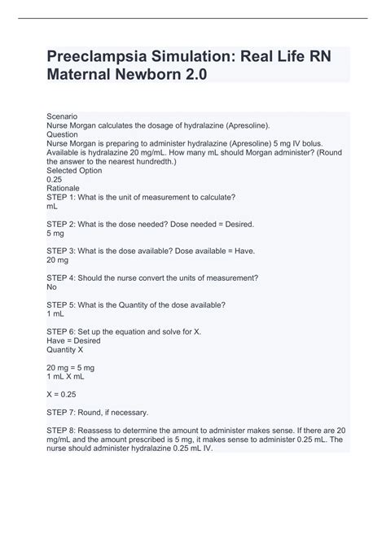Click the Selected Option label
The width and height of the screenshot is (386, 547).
click(x=76, y=170)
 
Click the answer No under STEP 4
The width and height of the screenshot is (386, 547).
click(x=52, y=287)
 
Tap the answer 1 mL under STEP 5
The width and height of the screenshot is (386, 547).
click(x=56, y=314)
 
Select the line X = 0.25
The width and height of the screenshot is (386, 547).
click(x=62, y=394)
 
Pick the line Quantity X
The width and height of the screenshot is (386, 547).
click(x=65, y=350)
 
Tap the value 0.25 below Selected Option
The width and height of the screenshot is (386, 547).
click(x=55, y=179)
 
